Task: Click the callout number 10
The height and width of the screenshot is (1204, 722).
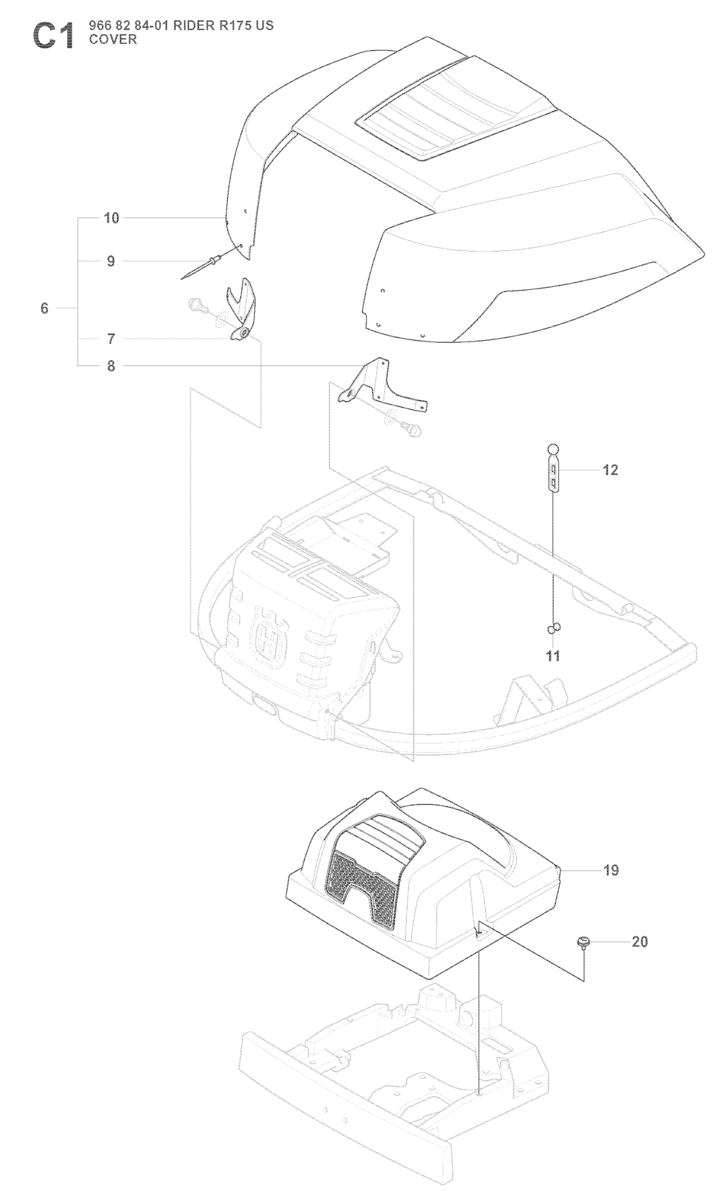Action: click(111, 218)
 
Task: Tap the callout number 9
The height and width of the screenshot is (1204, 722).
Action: click(111, 262)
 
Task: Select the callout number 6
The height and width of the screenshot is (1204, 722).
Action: click(44, 308)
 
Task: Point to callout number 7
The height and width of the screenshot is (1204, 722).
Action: click(111, 339)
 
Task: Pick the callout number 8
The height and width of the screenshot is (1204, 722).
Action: click(111, 366)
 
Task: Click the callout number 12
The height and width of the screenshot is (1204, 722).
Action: click(611, 470)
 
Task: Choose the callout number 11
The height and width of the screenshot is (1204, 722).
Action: click(552, 656)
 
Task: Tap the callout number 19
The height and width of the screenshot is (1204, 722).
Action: click(611, 870)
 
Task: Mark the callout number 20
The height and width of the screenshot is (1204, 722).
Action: click(640, 942)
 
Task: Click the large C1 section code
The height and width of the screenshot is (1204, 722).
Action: click(53, 37)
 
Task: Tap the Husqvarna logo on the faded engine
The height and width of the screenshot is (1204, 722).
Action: click(269, 636)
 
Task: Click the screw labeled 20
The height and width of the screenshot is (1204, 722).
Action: click(583, 943)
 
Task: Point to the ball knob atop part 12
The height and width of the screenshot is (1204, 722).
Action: click(553, 449)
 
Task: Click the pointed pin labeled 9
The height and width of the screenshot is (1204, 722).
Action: click(202, 268)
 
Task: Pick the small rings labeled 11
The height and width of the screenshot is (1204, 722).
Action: click(554, 627)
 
